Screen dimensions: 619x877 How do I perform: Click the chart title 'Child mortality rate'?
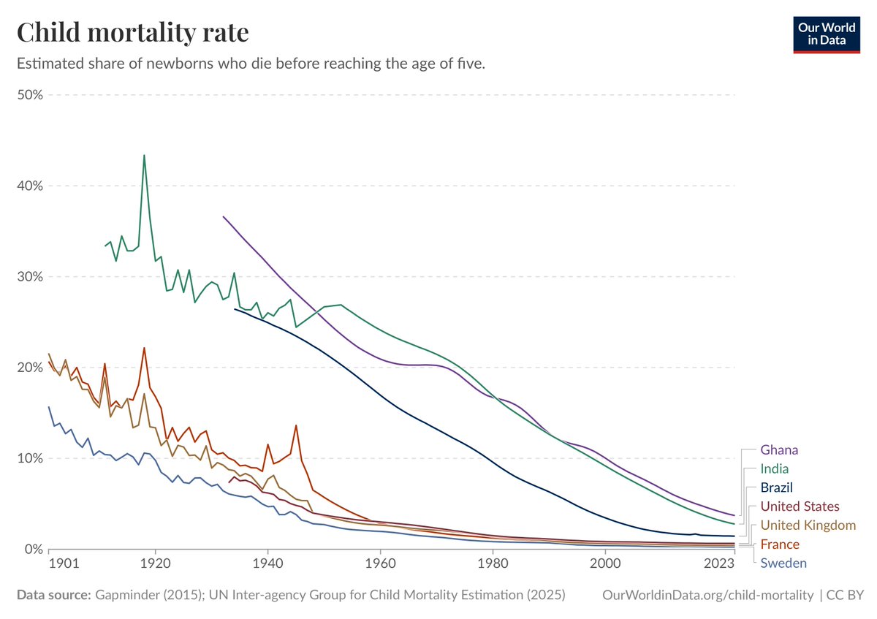point(132,33)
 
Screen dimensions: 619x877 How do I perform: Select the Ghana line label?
point(779,450)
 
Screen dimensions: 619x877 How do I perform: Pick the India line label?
point(775,469)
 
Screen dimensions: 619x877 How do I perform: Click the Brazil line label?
point(777,487)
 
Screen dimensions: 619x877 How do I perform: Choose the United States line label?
point(800,506)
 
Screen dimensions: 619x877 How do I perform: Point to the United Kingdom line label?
point(808,525)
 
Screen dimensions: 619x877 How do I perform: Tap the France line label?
point(780,544)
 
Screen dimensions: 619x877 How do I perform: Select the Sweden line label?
point(783,563)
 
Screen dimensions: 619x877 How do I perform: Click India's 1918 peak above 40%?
point(144,155)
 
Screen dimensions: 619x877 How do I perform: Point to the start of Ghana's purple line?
point(223,216)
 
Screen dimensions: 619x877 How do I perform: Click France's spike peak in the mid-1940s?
point(296,425)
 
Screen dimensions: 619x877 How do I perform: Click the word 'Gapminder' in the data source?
point(123,596)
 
